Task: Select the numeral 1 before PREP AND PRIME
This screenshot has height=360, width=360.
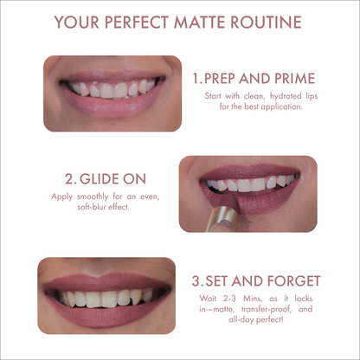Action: pos(196,78)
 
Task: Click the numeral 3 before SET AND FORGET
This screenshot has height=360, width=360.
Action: pos(196,281)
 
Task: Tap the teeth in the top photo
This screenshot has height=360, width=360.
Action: pos(109,89)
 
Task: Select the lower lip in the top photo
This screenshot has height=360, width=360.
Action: pos(108,108)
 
